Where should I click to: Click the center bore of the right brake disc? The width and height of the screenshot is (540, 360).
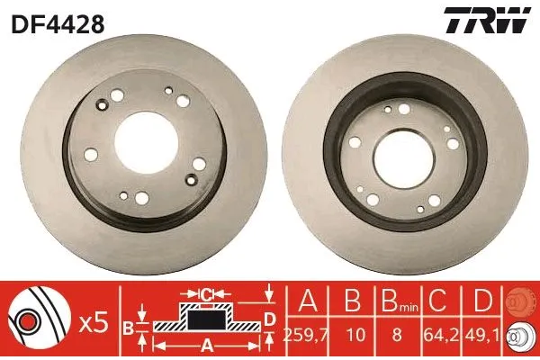point(401,149)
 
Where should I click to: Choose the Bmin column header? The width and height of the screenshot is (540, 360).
point(395,301)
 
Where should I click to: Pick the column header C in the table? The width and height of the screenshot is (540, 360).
point(440,300)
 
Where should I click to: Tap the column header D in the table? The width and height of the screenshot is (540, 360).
point(484,300)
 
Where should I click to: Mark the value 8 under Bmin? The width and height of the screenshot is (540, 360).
point(395,335)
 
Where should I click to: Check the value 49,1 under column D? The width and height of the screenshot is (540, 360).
point(484,335)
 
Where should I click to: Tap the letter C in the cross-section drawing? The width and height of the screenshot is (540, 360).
point(205,293)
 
